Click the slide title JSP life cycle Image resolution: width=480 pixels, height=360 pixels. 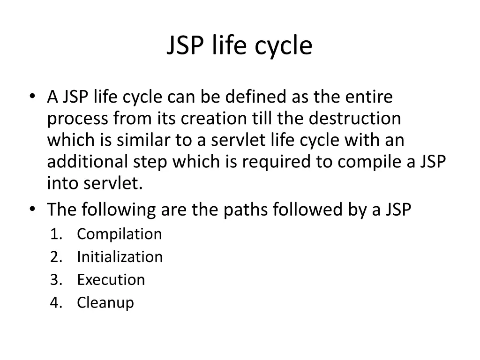tap(239, 46)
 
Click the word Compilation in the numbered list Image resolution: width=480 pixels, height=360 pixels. tap(119, 234)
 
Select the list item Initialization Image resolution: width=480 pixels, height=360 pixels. tap(120, 257)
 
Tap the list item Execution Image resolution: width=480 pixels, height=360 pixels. tap(111, 280)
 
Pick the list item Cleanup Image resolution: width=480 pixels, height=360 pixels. tap(105, 303)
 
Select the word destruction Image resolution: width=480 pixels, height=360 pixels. tap(355, 119)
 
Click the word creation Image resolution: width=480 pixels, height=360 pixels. tap(213, 119)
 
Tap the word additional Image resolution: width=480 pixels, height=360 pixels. tap(87, 162)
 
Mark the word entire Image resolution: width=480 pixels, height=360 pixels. tap(369, 97)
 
